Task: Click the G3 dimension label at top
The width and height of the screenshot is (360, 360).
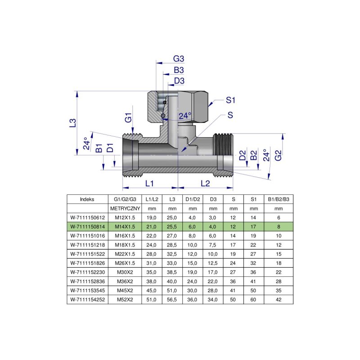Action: click(x=179, y=59)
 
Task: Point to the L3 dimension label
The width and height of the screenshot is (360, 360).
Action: click(x=73, y=123)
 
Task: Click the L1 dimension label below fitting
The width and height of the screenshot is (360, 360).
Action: click(x=150, y=183)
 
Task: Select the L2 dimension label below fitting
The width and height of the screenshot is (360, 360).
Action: click(x=205, y=183)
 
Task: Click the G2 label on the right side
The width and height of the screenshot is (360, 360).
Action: click(x=279, y=155)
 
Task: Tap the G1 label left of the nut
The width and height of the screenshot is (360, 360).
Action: click(x=128, y=119)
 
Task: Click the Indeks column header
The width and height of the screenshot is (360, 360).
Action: click(x=87, y=199)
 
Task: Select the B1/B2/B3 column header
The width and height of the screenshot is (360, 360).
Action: click(x=279, y=199)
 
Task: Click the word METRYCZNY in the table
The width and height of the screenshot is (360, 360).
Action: click(x=125, y=209)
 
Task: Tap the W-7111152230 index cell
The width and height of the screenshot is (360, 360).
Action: click(x=87, y=271)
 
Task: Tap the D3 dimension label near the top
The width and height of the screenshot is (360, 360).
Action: click(x=179, y=81)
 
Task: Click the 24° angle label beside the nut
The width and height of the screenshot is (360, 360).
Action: click(x=185, y=116)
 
